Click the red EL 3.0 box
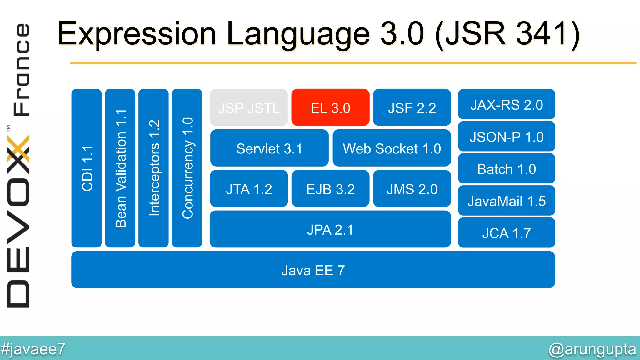point(330,108)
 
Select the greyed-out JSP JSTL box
point(249,108)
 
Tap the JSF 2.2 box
point(412,108)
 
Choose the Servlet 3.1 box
point(269,148)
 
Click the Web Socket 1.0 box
point(392,148)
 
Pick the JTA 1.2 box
point(249,189)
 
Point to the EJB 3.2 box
point(330,189)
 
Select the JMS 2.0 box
point(412,189)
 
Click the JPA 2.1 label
point(330,230)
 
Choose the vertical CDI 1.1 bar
point(87,168)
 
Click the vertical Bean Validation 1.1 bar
point(120,168)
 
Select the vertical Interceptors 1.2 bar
point(153,168)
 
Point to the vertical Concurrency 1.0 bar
point(187,168)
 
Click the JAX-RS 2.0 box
point(507,105)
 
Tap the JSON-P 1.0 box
point(507,137)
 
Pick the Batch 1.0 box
point(507,169)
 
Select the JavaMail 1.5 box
point(507,201)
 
